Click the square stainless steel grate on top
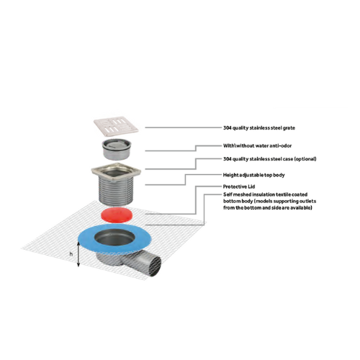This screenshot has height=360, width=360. [116, 125]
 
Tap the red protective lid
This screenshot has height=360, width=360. [117, 215]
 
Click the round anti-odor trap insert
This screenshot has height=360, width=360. [117, 149]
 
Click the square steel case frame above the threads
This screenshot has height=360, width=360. [116, 171]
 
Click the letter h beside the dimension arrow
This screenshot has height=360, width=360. [71, 253]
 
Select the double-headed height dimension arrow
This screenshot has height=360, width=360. [78, 254]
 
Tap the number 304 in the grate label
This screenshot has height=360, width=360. [227, 127]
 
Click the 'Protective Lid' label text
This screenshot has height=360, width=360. [239, 186]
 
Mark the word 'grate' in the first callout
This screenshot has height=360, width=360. [289, 128]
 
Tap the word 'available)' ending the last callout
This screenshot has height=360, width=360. [302, 207]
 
